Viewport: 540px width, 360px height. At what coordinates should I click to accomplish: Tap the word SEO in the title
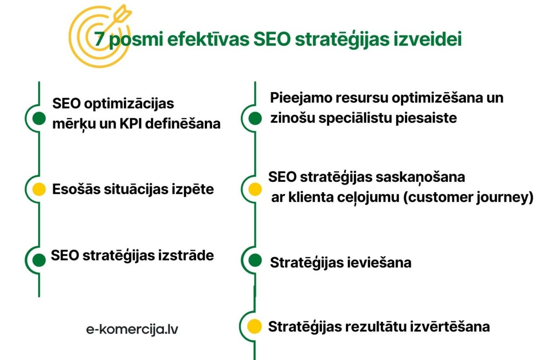[x=270, y=40]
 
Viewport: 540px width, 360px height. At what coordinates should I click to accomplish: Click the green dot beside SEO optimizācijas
[x=40, y=118]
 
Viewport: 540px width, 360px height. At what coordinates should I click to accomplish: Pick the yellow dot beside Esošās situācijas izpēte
[x=40, y=189]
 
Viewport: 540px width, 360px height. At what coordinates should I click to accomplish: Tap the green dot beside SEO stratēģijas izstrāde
[x=40, y=260]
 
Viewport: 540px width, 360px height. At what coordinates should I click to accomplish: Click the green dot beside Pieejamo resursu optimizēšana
[x=255, y=118]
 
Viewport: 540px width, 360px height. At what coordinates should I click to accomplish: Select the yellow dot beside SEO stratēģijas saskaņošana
[x=255, y=189]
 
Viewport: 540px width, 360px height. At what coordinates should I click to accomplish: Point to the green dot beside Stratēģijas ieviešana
[x=255, y=260]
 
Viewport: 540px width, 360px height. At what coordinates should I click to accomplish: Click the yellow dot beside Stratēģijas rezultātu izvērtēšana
[x=255, y=326]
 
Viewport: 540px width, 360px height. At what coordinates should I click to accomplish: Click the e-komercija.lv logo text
[x=132, y=329]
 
